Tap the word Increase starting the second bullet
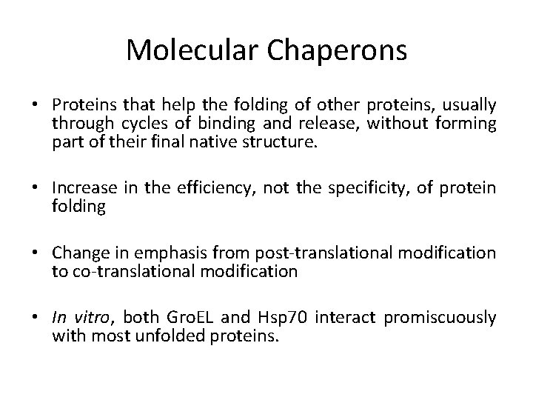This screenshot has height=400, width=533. (81, 190)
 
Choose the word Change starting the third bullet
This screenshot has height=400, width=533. (77, 254)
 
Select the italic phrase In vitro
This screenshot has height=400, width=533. (78, 318)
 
